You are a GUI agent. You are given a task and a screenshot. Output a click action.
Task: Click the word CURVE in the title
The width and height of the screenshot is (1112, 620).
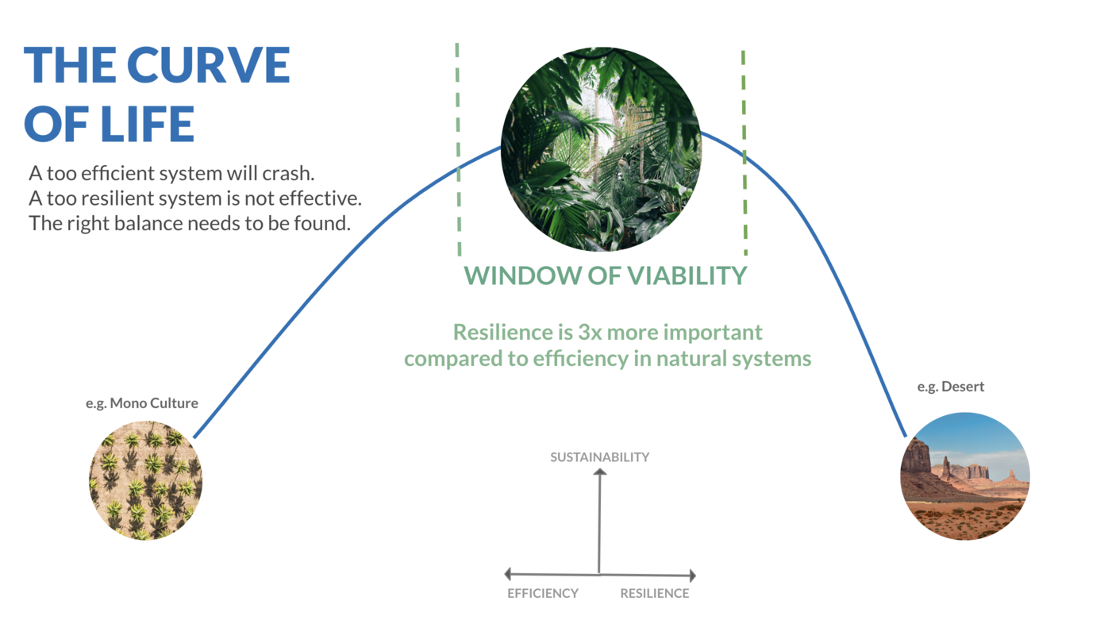tap(209, 65)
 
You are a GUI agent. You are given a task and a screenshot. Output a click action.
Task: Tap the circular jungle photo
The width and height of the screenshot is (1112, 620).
tap(601, 149)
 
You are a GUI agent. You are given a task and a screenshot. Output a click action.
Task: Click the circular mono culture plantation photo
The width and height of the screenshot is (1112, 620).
tap(145, 480)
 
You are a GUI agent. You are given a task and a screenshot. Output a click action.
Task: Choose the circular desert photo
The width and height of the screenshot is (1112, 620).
tap(965, 476)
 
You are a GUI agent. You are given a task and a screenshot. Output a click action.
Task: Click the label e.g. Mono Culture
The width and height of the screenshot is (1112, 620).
tap(141, 403)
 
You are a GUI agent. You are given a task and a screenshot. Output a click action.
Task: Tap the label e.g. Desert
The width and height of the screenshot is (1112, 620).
tap(950, 387)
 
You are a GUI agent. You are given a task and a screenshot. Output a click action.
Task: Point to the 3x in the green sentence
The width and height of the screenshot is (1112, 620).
tap(591, 332)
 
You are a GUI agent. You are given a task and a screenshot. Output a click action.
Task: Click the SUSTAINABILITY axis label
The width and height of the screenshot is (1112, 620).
tap(600, 457)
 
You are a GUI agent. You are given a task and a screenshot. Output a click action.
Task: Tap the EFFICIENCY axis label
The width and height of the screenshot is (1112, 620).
tap(543, 593)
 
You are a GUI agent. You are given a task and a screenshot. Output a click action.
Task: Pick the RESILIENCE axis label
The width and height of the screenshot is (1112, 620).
tap(654, 593)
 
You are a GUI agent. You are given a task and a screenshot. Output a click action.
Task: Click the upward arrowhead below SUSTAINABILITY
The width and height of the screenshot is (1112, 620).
tap(600, 472)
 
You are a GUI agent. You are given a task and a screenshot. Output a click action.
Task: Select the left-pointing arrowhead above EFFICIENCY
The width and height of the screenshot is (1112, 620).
tap(508, 574)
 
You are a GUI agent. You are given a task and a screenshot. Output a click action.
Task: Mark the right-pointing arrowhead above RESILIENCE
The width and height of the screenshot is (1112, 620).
tap(693, 576)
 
